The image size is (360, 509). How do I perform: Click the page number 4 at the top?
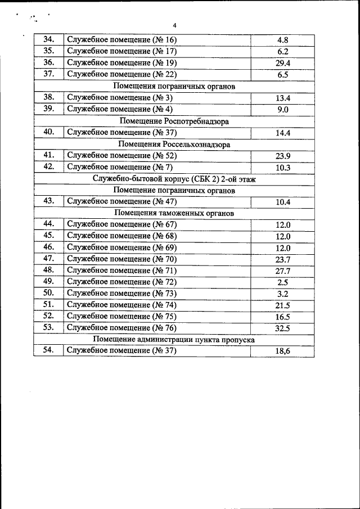point(174,25)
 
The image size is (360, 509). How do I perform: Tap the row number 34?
point(48,40)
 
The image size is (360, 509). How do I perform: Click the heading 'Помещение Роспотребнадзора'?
point(174,121)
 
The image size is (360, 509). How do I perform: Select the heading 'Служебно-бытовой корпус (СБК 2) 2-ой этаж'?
point(174,179)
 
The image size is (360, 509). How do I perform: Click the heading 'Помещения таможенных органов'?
point(174,214)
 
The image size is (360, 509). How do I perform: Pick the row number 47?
point(48,259)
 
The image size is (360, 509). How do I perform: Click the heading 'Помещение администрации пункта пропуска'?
point(174,340)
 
